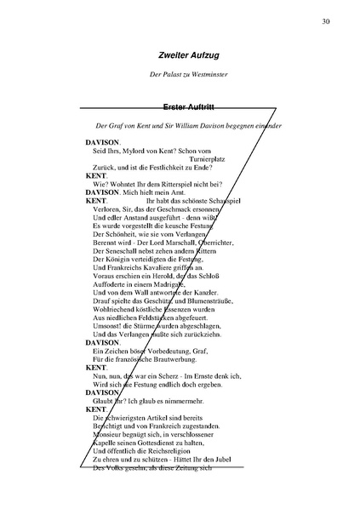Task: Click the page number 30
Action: click(327, 21)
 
